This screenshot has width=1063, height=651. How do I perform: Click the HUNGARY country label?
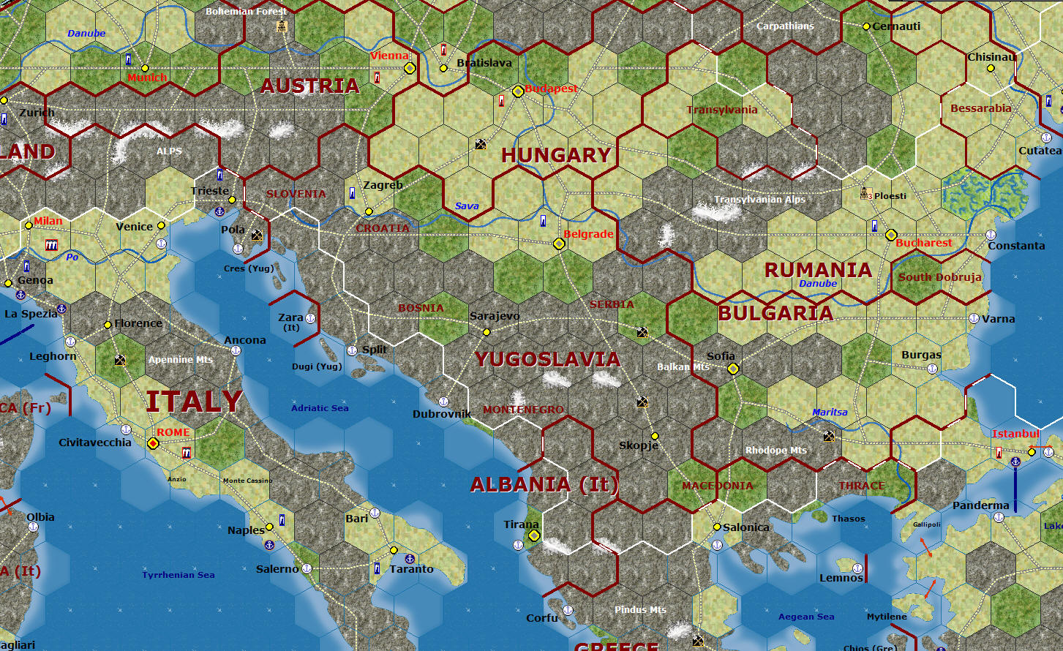click(556, 155)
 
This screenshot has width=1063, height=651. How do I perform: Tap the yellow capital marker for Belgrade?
click(559, 244)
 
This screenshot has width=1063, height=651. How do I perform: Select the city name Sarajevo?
click(495, 316)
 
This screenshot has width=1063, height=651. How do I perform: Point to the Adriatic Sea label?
click(320, 408)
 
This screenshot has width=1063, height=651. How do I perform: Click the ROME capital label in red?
click(173, 432)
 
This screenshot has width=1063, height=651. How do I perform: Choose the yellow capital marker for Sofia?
click(733, 369)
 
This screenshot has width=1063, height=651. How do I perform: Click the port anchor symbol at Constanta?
click(991, 235)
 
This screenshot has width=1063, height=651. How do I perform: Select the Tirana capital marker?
click(534, 535)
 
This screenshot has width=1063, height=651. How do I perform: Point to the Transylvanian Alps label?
click(759, 200)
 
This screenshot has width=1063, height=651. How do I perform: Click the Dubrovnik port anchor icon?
click(443, 402)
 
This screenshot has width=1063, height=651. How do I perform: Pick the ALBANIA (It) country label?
click(544, 484)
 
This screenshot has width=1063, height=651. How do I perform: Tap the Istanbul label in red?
click(1015, 434)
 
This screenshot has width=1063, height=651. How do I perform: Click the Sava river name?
click(467, 206)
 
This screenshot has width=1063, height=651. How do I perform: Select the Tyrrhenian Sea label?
click(179, 575)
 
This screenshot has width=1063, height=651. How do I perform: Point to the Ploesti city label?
click(890, 196)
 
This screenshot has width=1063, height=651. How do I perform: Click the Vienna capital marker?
click(410, 68)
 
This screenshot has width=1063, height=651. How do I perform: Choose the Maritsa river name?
click(830, 413)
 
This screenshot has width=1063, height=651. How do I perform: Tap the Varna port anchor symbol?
click(974, 318)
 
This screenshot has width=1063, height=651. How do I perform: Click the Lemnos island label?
click(841, 578)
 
